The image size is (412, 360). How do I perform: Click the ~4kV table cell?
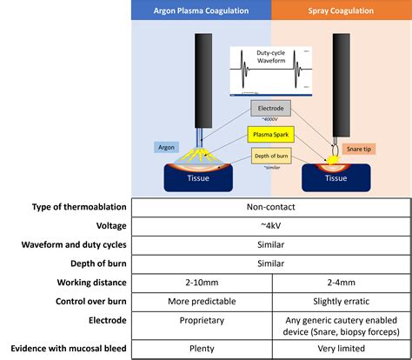click(271, 225)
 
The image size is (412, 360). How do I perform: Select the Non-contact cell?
click(271, 207)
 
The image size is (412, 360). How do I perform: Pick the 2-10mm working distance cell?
click(201, 282)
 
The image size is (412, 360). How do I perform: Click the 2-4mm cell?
click(340, 282)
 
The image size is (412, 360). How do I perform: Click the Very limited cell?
click(340, 349)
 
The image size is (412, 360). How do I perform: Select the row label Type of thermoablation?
click(67, 207)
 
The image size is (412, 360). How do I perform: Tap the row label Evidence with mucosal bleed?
click(67, 349)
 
